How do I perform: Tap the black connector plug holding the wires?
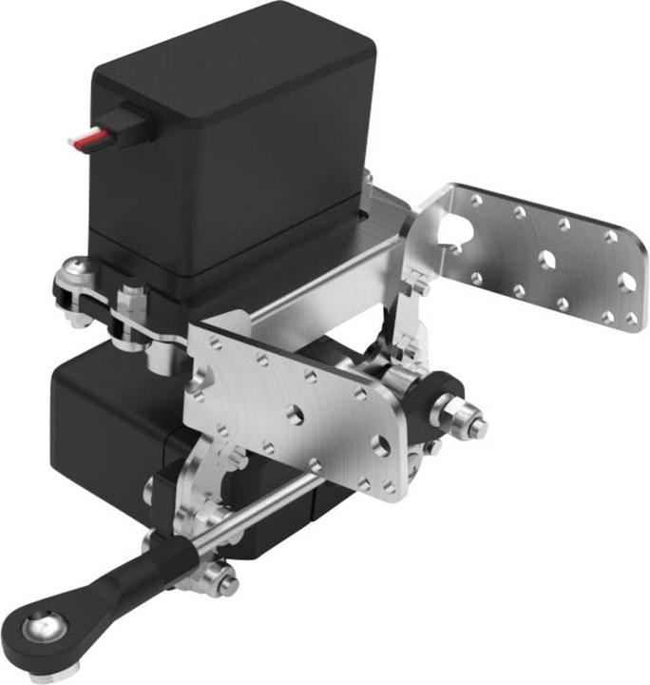coord(132,125)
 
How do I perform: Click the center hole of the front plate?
coord(296,412)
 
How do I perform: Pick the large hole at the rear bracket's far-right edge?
coord(627,282)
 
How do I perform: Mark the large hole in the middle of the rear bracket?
coord(548,258)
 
